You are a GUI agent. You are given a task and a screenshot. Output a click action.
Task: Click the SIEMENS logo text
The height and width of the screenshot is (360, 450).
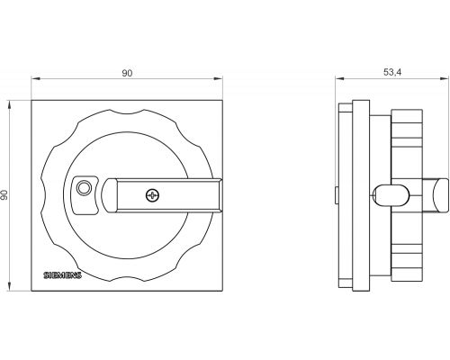coord(62,275)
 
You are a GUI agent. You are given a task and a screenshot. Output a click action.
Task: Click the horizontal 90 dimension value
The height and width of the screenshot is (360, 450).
coord(127,73)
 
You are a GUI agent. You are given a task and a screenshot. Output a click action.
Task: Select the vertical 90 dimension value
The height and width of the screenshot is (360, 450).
coord(4,195)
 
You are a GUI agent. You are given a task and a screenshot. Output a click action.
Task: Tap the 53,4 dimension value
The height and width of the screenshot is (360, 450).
coord(392,72)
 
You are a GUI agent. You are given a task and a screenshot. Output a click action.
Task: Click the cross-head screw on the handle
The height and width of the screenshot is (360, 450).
coord(152,195)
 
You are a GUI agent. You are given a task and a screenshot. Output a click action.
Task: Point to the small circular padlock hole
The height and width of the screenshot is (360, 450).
coord(84,188)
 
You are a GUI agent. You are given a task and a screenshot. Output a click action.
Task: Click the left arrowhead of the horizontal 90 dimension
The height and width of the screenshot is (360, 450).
coord(36,79)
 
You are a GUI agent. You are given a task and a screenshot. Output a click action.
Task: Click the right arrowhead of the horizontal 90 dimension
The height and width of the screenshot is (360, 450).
coord(218,79)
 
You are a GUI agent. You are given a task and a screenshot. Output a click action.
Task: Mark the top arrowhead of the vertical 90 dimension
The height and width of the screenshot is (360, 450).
coord(9,104)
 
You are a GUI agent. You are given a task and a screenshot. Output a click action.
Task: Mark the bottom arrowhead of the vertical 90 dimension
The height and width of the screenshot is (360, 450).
coord(9,286)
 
